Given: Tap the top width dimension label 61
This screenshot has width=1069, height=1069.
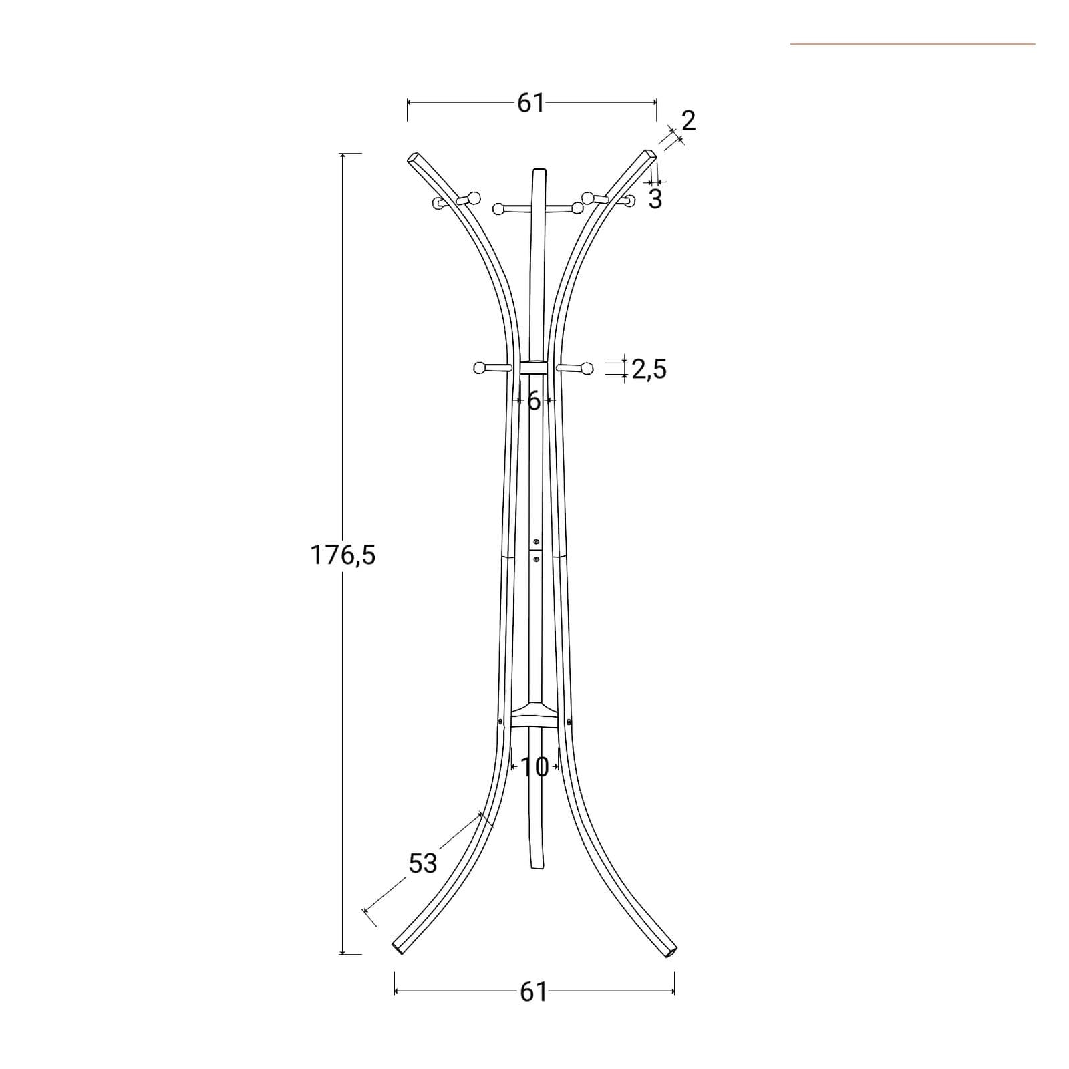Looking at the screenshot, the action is point(531,103).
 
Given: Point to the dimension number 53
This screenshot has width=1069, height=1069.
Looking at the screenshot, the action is point(423,863).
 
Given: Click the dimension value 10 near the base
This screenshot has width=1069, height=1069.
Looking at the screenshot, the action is point(534,768).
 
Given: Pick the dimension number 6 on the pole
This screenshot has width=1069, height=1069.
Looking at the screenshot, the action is point(534,401).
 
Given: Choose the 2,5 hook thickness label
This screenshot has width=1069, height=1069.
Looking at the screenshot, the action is point(649,369).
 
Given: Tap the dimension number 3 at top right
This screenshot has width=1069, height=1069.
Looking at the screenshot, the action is point(655,199).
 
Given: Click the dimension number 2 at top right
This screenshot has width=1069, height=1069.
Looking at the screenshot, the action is point(689,120).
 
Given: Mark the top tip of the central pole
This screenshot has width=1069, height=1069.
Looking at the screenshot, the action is point(538,170).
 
